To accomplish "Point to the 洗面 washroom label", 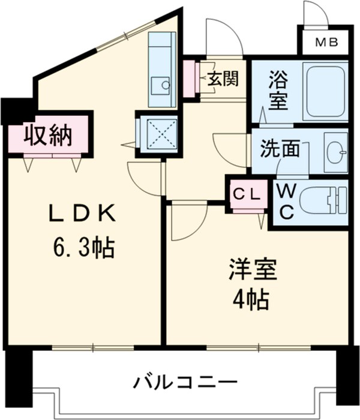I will point(280,149).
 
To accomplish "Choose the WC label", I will point(285,202).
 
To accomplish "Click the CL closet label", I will point(247,194).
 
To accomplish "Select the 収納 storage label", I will point(48,136).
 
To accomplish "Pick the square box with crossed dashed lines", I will point(158,133).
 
